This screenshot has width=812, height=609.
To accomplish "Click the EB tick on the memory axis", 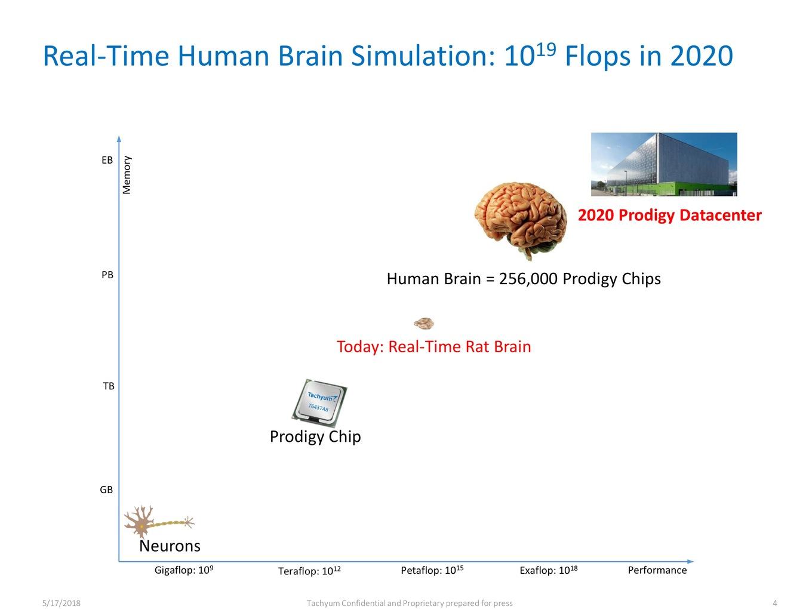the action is point(107,160).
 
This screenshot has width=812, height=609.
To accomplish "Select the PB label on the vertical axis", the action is point(107,275).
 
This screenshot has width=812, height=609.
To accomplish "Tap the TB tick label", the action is point(109,386).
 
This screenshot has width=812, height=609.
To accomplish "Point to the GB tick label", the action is point(106,490).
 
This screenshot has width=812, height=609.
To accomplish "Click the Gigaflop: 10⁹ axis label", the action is point(184,570).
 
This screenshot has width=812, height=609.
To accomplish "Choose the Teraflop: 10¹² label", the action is point(309,571).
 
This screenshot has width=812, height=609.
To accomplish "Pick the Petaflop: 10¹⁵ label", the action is point(432,570).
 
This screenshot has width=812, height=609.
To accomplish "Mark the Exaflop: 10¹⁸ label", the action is point(548,570).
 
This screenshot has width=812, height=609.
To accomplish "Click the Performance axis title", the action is point(657,570).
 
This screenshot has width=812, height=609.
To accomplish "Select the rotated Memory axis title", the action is point(127,175).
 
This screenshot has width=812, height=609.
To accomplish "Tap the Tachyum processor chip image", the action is point(319,403).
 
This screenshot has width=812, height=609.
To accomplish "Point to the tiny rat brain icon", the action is point(424,324).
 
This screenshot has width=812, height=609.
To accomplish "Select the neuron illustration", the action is point(159,521).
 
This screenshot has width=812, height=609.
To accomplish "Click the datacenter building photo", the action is point(664,164).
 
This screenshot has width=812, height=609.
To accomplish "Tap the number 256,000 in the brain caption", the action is point(528,279).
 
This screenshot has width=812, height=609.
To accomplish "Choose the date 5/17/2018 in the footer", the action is point(61,603).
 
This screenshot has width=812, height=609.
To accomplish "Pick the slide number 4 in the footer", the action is point(774,603).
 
